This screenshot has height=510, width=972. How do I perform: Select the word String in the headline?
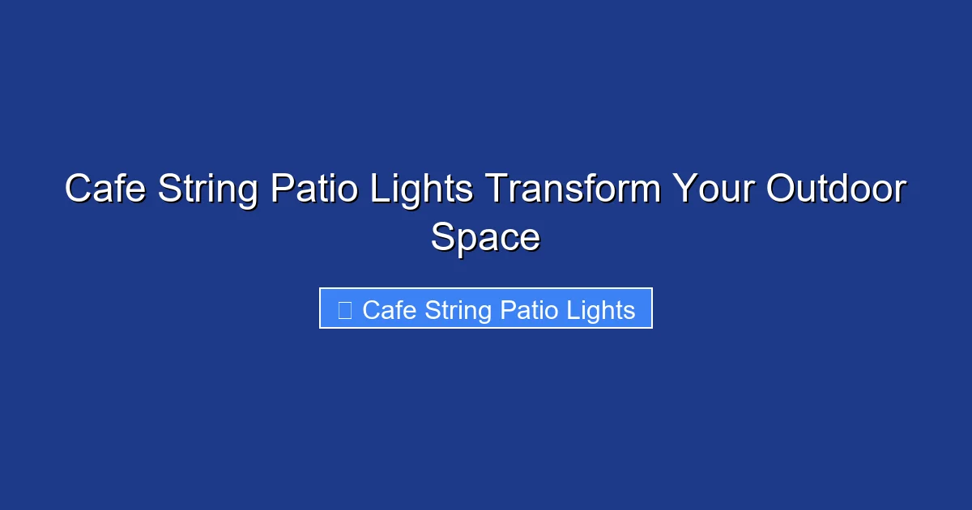tap(209, 189)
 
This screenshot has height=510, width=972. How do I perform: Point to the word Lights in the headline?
tap(421, 189)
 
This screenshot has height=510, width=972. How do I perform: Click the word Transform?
tap(572, 189)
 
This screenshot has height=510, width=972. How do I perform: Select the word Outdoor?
tap(836, 189)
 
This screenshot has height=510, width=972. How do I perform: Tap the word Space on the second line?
tap(485, 238)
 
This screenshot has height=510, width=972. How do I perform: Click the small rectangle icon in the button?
tap(344, 309)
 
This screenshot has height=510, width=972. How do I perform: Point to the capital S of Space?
tap(443, 238)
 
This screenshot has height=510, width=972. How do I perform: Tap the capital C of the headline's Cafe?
tap(78, 189)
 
